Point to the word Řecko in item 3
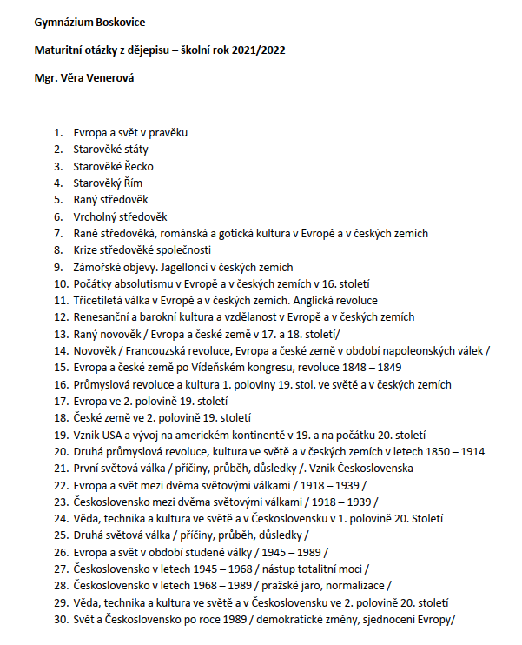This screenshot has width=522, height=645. click(x=137, y=166)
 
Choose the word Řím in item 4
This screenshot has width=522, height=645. click(x=132, y=183)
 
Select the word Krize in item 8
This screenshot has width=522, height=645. click(x=86, y=250)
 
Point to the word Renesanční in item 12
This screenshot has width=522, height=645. click(x=102, y=317)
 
